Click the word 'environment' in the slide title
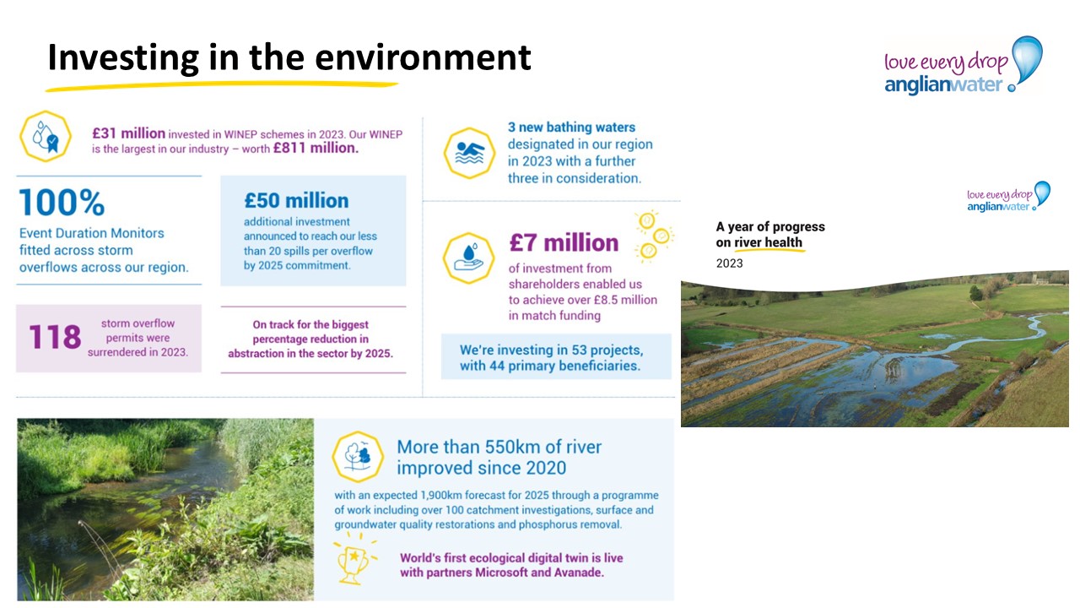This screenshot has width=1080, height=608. [x=423, y=57]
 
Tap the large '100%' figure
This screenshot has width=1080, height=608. [x=62, y=202]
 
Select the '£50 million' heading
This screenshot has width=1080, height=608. [x=296, y=200]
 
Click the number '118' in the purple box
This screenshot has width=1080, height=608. [x=55, y=337]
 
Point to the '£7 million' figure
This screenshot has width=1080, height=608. [x=564, y=242]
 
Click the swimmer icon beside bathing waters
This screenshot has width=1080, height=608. [x=469, y=153]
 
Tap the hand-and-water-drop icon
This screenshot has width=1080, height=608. [x=468, y=258]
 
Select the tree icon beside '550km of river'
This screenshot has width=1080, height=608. [x=358, y=457]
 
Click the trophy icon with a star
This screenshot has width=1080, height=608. [x=354, y=560]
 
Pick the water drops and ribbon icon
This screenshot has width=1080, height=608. [x=46, y=137]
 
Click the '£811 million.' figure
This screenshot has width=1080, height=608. [x=316, y=148]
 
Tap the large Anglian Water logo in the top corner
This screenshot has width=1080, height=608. [x=964, y=66]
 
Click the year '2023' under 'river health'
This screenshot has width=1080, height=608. [x=729, y=263]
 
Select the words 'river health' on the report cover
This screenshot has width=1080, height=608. [x=768, y=242]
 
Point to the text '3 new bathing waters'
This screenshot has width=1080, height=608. [x=571, y=127]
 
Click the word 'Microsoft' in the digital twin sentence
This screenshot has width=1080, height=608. [x=501, y=573]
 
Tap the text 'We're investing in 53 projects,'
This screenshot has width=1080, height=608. [x=551, y=350]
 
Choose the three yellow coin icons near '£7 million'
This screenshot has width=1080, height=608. [x=654, y=236]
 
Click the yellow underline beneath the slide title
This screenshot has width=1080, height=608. [x=222, y=86]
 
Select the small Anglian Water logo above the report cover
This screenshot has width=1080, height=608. [x=1008, y=197]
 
